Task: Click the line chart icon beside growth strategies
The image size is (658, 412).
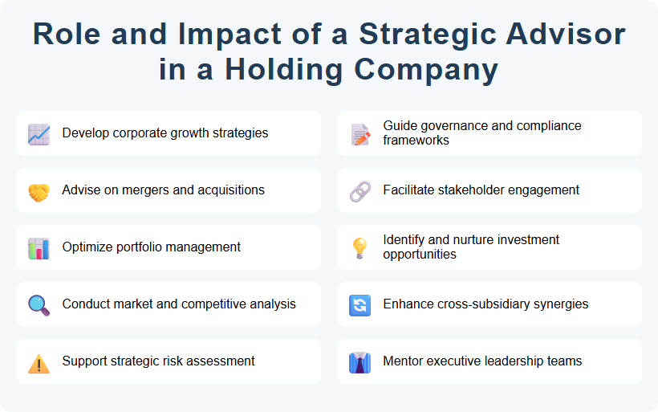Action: tap(39, 133)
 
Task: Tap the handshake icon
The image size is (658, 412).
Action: tap(39, 191)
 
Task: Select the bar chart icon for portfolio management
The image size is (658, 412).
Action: tap(39, 248)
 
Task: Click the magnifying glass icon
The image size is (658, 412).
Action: tap(39, 305)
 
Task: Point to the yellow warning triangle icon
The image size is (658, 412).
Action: tap(39, 363)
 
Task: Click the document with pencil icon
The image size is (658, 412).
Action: tap(360, 133)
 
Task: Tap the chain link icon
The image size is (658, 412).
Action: tap(360, 191)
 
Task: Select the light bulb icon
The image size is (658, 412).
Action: tap(360, 248)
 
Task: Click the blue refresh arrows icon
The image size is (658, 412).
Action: tap(360, 305)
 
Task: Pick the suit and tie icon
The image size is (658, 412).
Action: tap(360, 363)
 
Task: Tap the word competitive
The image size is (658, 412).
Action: tap(212, 304)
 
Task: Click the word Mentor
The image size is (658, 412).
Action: tap(404, 361)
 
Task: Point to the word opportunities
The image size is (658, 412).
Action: tap(420, 255)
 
